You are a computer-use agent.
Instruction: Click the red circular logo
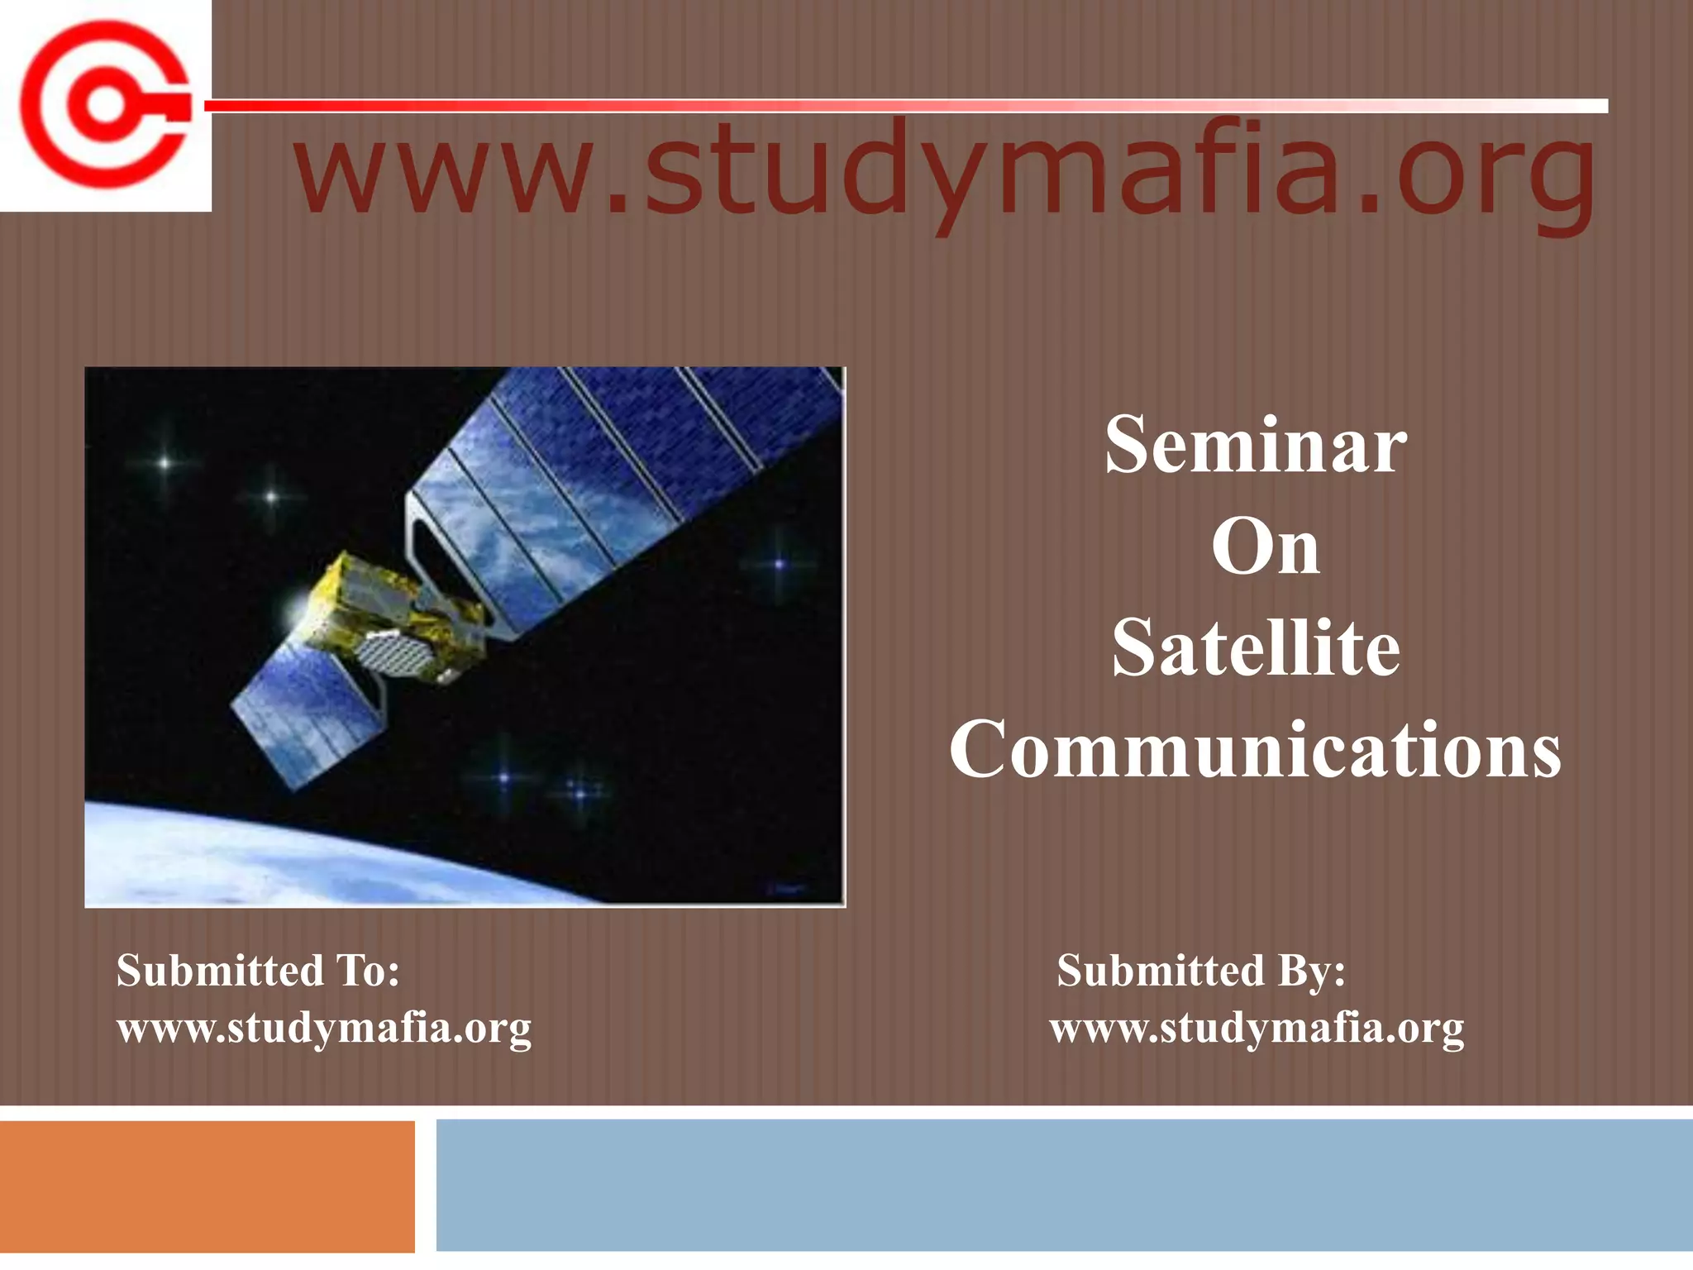104,106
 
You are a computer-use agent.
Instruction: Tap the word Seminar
1255,446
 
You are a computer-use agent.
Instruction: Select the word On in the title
1265,547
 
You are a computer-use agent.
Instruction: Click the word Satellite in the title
1255,649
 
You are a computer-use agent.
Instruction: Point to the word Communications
1255,749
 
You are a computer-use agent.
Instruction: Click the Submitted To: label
258,971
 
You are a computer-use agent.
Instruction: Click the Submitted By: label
1200,971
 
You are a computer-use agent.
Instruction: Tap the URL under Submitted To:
324,1029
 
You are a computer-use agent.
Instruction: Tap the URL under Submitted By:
1257,1029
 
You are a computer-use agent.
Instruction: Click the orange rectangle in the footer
207,1186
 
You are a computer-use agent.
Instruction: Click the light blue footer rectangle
1063,1186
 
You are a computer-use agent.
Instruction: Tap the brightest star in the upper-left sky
165,463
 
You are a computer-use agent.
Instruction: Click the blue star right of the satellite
779,565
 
